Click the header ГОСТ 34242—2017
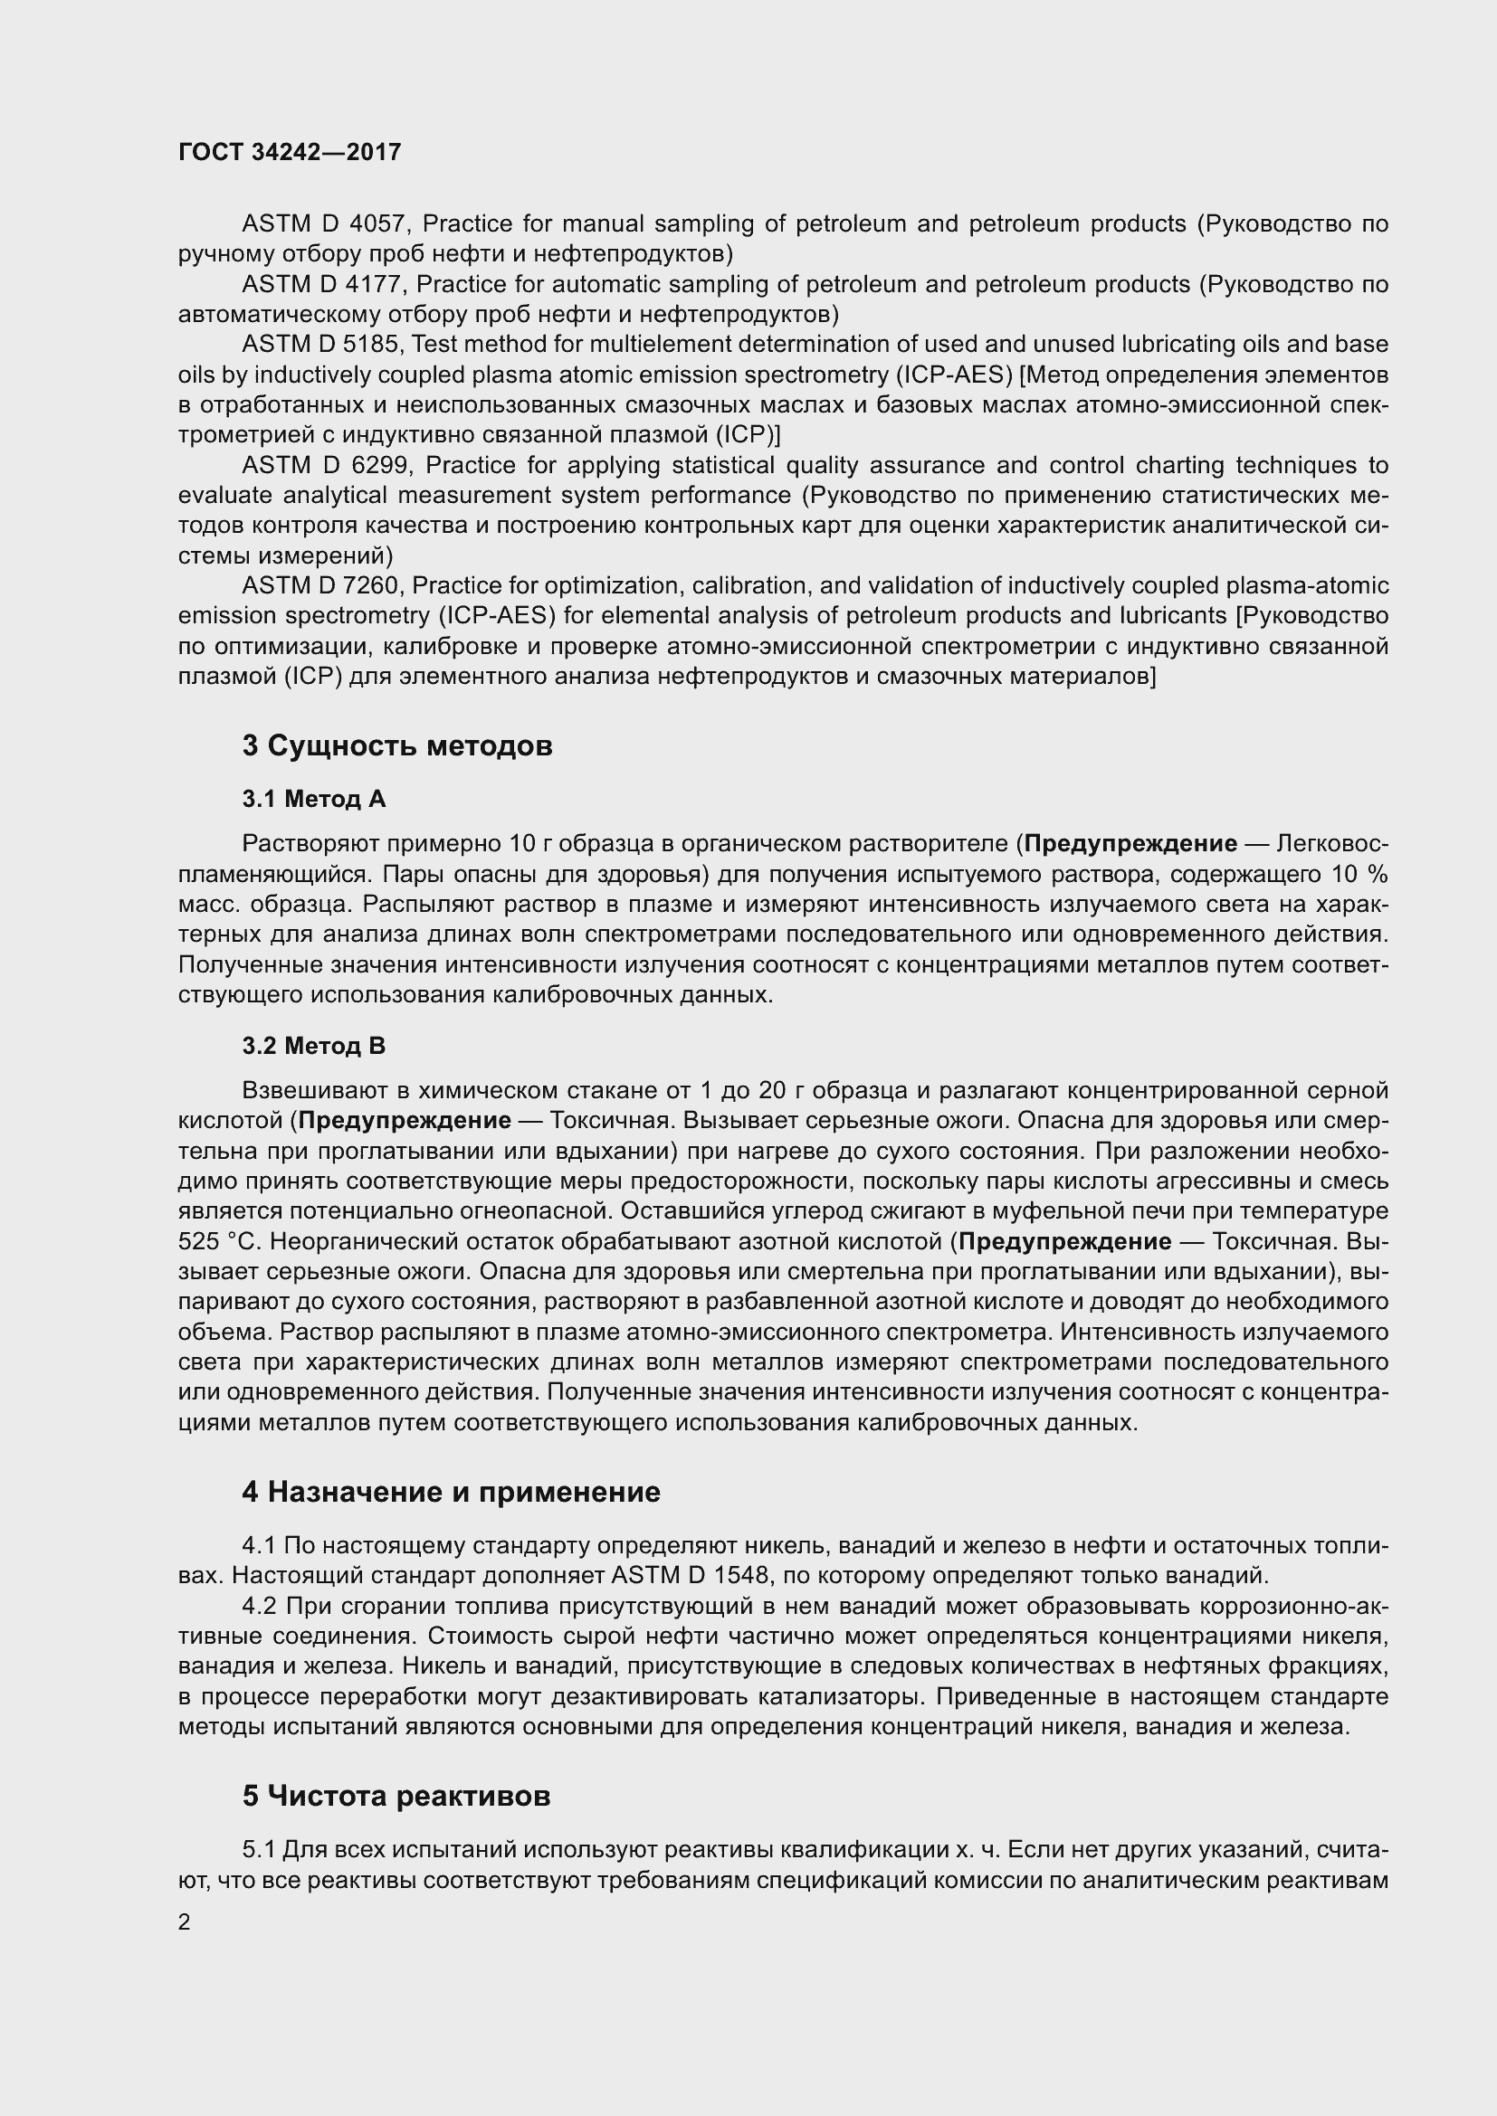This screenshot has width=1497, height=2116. [x=290, y=152]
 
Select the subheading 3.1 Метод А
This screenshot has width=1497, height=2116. [x=313, y=799]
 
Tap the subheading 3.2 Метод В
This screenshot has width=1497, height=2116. [x=313, y=1046]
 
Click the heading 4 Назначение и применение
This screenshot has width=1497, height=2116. [x=451, y=1492]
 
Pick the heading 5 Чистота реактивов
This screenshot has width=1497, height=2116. [x=396, y=1797]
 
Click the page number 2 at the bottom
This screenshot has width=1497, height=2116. [x=185, y=1922]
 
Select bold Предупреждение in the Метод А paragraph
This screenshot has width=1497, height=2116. [x=1130, y=843]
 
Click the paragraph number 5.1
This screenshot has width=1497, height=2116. [x=259, y=1850]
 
